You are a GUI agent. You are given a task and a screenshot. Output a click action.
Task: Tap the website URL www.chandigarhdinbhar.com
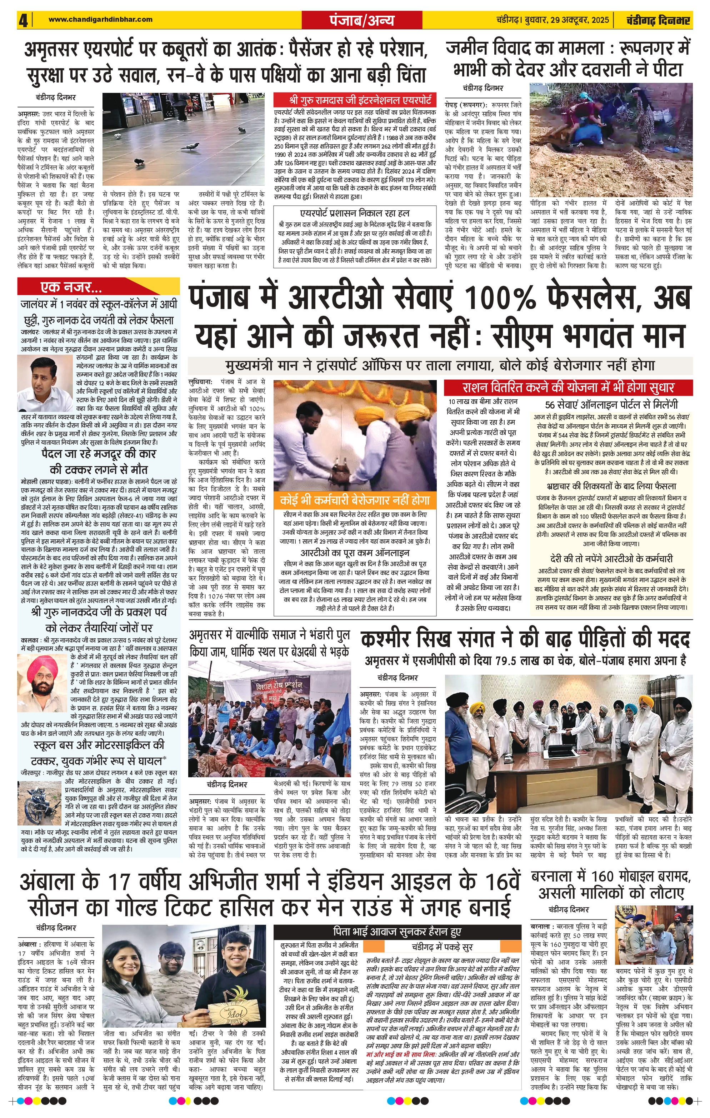pyautogui.click(x=100, y=20)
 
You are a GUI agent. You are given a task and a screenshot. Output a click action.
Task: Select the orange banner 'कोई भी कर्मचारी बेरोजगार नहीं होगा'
pyautogui.click(x=355, y=500)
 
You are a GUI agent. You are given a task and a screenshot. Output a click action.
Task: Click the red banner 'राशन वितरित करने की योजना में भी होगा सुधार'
pyautogui.click(x=568, y=387)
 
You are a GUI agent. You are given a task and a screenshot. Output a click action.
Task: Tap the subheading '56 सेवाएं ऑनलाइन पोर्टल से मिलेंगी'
pyautogui.click(x=611, y=405)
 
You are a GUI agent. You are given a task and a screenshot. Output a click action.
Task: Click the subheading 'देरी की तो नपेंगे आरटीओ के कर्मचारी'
pyautogui.click(x=611, y=559)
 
